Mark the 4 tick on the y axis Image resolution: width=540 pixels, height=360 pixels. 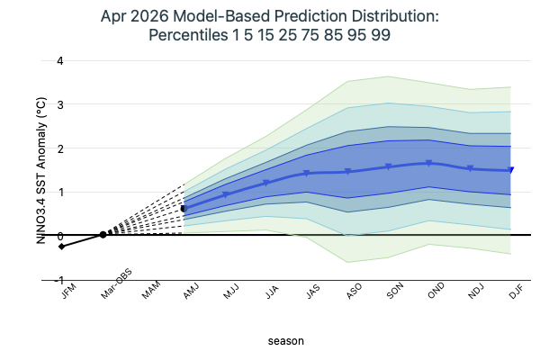pos(34,61)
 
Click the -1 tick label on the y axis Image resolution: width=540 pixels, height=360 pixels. pos(32,279)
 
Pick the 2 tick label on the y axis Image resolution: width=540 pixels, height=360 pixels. pos(34,148)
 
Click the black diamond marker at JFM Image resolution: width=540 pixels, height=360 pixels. pos(61,247)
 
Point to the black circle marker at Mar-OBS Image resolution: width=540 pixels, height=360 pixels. pos(103,234)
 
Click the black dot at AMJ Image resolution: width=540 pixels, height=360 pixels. pos(184,209)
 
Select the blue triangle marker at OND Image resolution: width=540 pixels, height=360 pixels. pos(429,163)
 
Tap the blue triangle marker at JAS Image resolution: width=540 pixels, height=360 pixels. pos(307,173)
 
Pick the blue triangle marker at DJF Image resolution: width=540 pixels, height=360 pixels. pos(511,170)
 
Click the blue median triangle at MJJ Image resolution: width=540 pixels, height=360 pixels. pos(225,194)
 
